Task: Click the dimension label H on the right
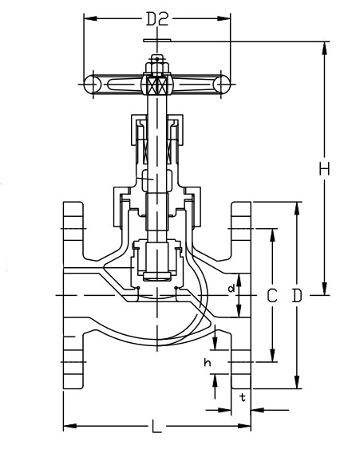324,169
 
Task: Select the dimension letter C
272,296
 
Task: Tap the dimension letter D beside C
297,296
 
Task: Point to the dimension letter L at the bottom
156,427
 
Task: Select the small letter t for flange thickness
242,396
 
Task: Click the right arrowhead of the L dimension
247,427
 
